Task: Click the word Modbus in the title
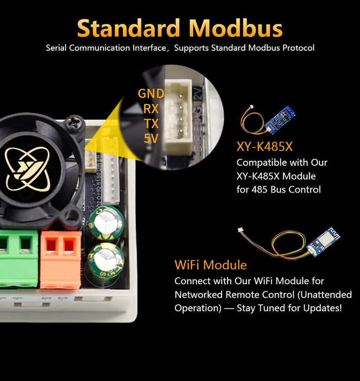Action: [x=235, y=28]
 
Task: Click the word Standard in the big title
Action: [x=129, y=28]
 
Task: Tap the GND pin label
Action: [x=151, y=94]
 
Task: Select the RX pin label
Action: [x=151, y=109]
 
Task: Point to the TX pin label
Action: [x=151, y=123]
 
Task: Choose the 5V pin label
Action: [x=151, y=138]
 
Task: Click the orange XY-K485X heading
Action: [x=264, y=146]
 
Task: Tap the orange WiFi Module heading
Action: [x=210, y=265]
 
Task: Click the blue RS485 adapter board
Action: [x=280, y=119]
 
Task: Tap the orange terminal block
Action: [x=60, y=259]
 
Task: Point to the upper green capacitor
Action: [x=106, y=223]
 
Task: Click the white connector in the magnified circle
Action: [x=178, y=116]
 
